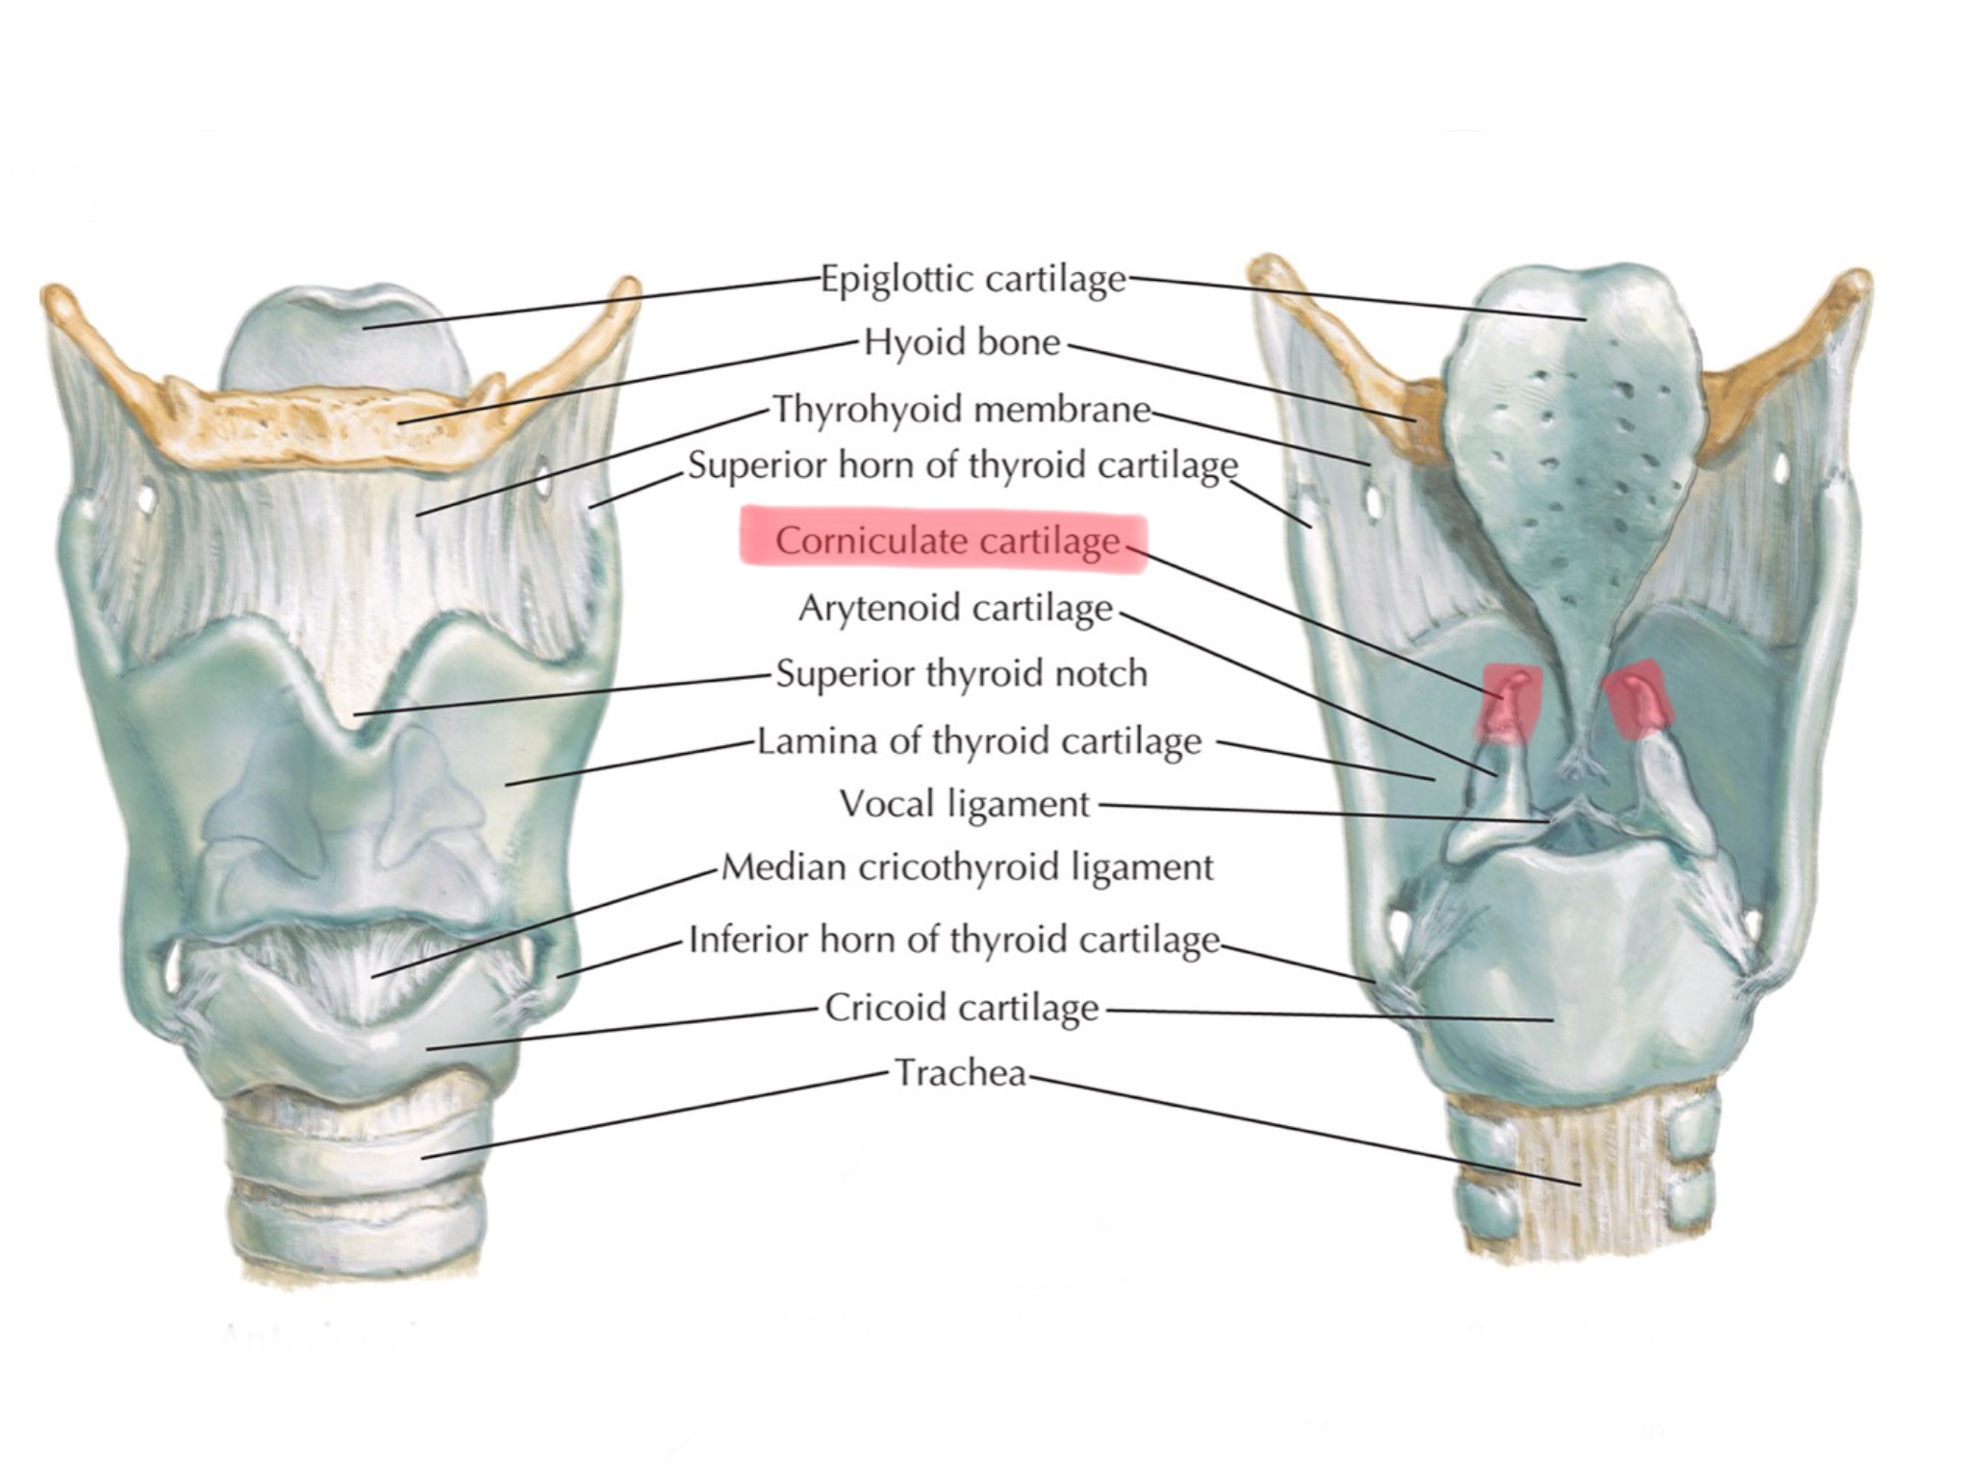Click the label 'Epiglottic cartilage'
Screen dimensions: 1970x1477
[x=972, y=279]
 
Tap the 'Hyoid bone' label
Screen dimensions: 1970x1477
[x=962, y=342]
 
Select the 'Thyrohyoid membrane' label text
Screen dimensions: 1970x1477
[x=962, y=410]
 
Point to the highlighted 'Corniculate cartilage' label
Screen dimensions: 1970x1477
[x=947, y=540]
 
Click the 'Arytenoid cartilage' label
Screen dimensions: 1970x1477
[x=955, y=608]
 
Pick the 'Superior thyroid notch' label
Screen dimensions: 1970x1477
[x=962, y=673]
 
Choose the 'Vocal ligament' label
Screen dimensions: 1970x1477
[x=965, y=803]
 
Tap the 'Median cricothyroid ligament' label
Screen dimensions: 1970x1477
[x=967, y=867]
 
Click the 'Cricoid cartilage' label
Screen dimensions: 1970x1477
[x=962, y=1008]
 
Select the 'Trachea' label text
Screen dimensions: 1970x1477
[x=961, y=1072]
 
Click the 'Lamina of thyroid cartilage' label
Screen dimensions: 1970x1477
[x=979, y=741]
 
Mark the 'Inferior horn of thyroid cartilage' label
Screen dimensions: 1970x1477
[x=954, y=939]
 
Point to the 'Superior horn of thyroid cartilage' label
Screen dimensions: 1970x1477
[x=962, y=465]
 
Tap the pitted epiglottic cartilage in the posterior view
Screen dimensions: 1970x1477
[x=1578, y=413]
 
